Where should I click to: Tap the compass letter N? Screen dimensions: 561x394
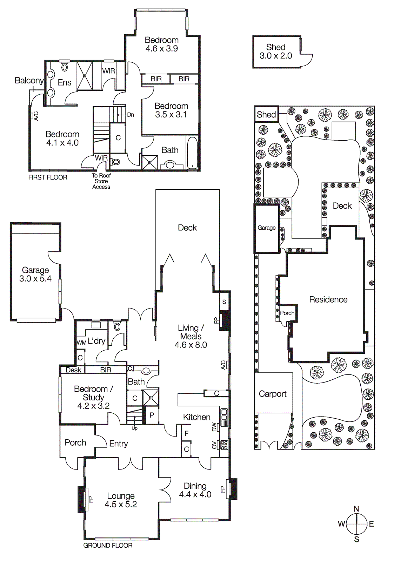tap(356, 509)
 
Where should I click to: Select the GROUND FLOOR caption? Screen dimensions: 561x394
tap(108, 546)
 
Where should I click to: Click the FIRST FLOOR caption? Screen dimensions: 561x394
tap(48, 177)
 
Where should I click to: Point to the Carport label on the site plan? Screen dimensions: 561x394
tap(273, 394)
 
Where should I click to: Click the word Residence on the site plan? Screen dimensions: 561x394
tap(328, 299)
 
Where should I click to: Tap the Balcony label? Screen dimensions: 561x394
tap(29, 80)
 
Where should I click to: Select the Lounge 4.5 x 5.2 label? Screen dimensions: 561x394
tap(121, 500)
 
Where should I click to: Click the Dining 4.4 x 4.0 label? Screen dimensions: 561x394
tap(195, 490)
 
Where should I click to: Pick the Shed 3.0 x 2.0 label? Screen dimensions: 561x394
tap(276, 52)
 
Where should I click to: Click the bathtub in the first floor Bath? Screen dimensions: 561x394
tap(192, 153)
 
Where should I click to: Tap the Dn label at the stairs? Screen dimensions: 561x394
tap(131, 115)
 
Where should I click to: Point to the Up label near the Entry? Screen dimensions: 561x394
tap(134, 428)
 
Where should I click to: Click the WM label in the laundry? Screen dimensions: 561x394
tap(81, 343)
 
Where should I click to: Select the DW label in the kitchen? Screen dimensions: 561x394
tap(214, 427)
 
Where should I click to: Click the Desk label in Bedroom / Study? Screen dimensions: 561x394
tap(73, 370)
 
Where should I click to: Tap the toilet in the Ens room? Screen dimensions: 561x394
tap(65, 67)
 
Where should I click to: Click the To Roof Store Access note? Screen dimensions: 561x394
tap(101, 181)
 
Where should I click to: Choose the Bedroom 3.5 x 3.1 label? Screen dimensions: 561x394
tap(171, 110)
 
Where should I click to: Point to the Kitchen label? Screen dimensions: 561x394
tap(196, 417)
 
